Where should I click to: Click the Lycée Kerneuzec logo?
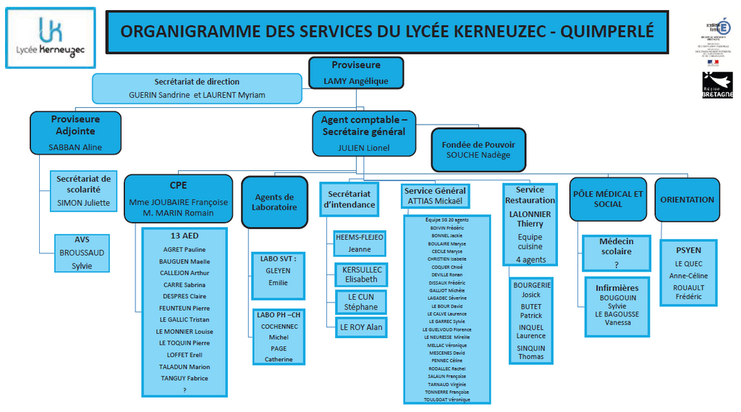(51, 38)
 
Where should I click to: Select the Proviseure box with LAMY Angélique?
(355, 73)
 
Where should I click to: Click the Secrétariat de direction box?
(197, 88)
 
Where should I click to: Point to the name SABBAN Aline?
(75, 147)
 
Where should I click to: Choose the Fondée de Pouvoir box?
(478, 149)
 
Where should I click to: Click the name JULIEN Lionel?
(364, 148)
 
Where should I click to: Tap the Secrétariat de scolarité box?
(84, 190)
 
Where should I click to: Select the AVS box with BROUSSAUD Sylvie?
(82, 253)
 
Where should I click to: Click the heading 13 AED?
(185, 236)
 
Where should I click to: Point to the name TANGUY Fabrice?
(185, 378)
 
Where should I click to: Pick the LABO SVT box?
(279, 274)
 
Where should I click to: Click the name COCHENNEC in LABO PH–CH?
(279, 327)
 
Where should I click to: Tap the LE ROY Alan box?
(361, 327)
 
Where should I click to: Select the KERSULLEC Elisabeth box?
(361, 274)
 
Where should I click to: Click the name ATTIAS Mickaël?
(435, 201)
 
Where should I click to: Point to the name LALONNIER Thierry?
(530, 219)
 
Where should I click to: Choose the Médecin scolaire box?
(616, 251)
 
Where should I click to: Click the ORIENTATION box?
(687, 199)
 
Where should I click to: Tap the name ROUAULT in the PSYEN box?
(688, 287)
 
